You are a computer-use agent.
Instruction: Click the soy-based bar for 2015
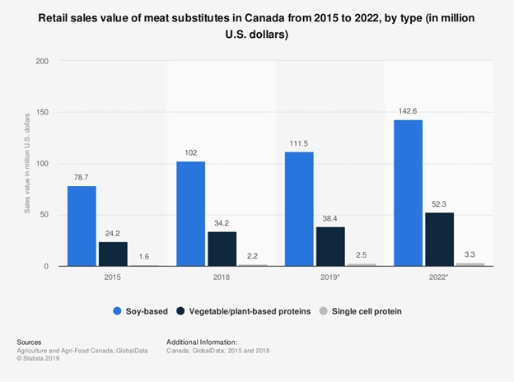click(82, 226)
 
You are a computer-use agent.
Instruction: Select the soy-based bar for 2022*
click(409, 193)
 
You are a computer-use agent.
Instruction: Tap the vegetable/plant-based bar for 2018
click(222, 249)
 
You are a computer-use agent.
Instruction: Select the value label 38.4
click(331, 219)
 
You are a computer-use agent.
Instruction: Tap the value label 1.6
click(144, 257)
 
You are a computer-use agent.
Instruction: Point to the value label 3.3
click(470, 255)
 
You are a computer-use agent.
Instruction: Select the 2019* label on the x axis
click(331, 278)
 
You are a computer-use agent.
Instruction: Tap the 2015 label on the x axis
click(113, 278)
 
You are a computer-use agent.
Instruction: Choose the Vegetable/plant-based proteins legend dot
click(182, 311)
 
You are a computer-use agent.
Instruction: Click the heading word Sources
click(29, 342)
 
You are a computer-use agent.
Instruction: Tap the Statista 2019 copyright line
click(42, 357)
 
